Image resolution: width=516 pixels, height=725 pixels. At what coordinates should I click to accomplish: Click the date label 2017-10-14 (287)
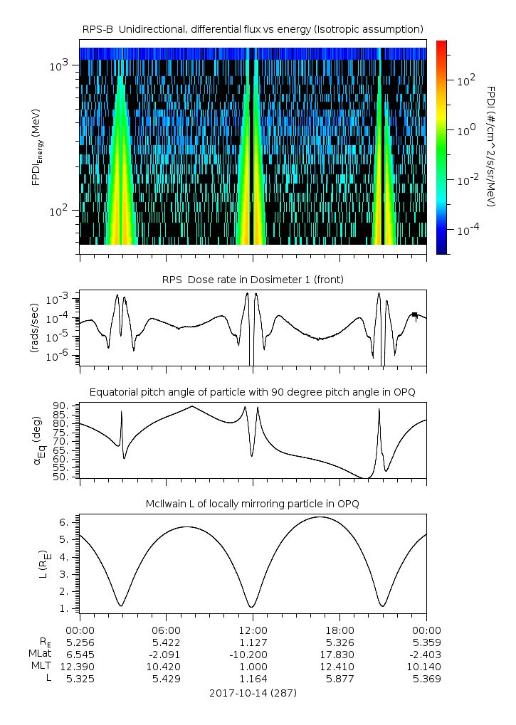tap(253, 692)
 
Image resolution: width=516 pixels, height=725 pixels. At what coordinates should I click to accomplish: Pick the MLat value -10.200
tap(253, 653)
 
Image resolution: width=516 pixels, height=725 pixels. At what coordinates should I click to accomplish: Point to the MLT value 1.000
tap(253, 666)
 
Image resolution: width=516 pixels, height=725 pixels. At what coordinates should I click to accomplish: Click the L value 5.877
tap(339, 679)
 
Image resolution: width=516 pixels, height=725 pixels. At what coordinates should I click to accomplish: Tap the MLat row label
tap(40, 653)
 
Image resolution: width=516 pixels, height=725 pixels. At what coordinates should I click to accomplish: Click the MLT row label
tap(41, 666)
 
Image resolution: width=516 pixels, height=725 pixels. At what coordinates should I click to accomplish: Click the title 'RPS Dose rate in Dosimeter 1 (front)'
tap(253, 280)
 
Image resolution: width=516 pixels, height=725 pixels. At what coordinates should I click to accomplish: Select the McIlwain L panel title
tap(253, 504)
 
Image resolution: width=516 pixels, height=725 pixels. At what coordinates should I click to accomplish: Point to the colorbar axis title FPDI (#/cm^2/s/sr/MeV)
tap(491, 147)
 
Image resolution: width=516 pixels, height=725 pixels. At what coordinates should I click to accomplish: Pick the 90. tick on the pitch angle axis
tap(65, 406)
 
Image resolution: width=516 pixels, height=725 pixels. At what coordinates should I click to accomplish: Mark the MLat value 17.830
tap(339, 653)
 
